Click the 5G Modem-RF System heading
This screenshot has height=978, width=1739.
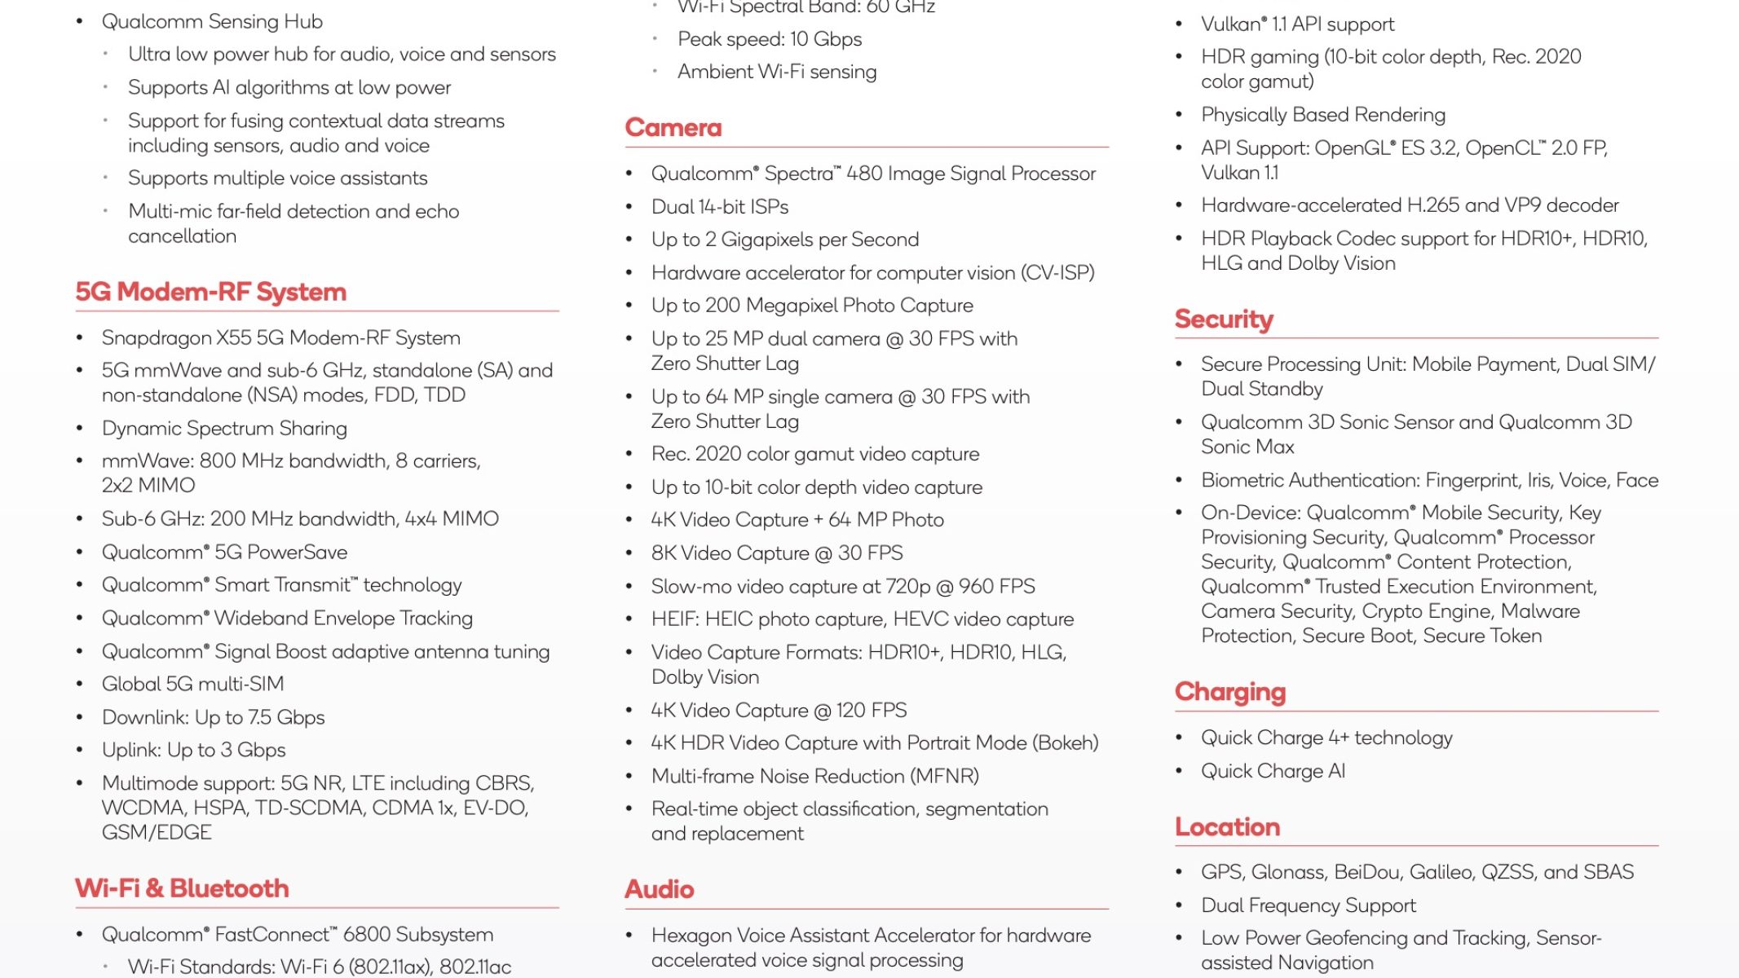[x=210, y=292]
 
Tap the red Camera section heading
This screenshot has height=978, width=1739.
[x=673, y=128]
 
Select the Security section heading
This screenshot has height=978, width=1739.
[x=1223, y=319]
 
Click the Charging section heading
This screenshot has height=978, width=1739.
[x=1229, y=692]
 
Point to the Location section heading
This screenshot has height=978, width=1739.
[x=1227, y=827]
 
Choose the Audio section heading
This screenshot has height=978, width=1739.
[x=659, y=889]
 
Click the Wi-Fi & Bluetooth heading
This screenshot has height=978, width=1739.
[x=182, y=888]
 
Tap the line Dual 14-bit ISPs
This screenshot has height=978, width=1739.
[x=719, y=207]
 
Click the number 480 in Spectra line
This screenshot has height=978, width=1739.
[x=864, y=174]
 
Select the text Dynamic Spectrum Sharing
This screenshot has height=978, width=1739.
[x=224, y=428]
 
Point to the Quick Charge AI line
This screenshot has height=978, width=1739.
[x=1273, y=771]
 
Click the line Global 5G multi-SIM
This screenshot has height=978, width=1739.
[x=192, y=684]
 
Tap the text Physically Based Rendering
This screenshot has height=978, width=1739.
[x=1322, y=115]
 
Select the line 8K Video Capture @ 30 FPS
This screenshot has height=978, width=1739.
[x=776, y=553]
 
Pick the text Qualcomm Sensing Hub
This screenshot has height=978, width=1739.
[x=212, y=21]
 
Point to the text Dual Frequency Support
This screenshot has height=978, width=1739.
[x=1308, y=905]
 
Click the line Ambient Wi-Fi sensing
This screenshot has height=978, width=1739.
[x=776, y=72]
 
